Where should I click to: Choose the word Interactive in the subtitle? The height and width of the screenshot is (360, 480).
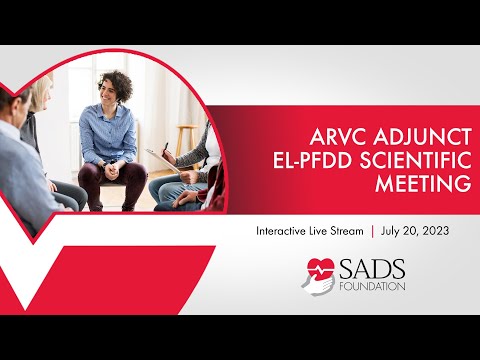point(285,230)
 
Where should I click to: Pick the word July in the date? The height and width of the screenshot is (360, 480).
point(394,230)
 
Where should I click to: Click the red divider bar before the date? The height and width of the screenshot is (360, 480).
point(372,230)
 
